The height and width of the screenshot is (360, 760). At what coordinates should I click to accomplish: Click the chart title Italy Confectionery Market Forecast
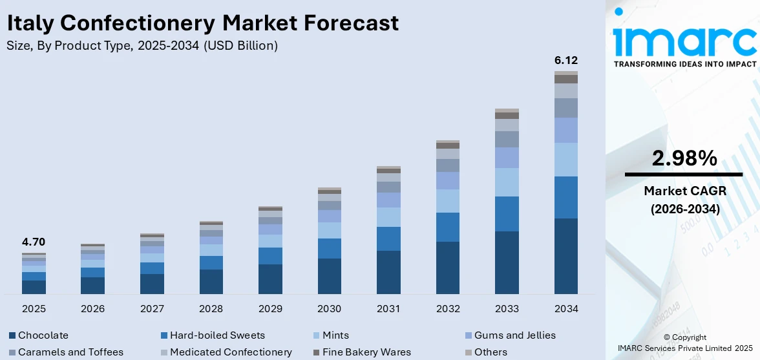(202, 23)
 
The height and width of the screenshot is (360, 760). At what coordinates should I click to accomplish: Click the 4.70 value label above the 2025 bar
(34, 242)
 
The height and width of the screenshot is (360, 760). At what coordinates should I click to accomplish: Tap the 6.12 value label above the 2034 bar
(566, 60)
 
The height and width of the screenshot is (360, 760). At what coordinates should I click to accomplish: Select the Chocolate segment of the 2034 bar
(566, 256)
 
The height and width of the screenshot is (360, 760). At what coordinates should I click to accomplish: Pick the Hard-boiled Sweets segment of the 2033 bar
(507, 214)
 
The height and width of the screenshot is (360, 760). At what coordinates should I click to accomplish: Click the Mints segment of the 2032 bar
(448, 201)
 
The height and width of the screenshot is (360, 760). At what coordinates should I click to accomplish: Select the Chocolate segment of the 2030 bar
(330, 276)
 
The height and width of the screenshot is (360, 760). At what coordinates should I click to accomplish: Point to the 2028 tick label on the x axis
(211, 309)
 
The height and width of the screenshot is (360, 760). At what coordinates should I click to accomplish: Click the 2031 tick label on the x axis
(388, 309)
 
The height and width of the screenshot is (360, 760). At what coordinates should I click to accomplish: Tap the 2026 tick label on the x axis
(93, 309)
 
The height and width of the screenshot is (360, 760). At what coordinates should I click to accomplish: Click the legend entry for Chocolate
(43, 335)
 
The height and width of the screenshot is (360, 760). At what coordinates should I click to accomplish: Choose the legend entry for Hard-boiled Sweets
(217, 335)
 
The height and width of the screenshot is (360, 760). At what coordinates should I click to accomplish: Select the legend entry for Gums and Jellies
(514, 335)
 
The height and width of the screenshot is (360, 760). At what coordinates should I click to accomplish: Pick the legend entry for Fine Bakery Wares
(366, 352)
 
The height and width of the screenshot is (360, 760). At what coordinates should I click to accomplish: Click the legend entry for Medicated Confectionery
(231, 352)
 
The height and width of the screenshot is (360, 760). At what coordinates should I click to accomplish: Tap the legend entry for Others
(490, 352)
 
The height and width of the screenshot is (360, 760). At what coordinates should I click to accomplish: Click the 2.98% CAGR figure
(684, 158)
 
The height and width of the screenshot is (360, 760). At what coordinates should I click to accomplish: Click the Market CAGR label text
(684, 191)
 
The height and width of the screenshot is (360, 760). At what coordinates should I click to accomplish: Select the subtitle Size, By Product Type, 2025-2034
(142, 45)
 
